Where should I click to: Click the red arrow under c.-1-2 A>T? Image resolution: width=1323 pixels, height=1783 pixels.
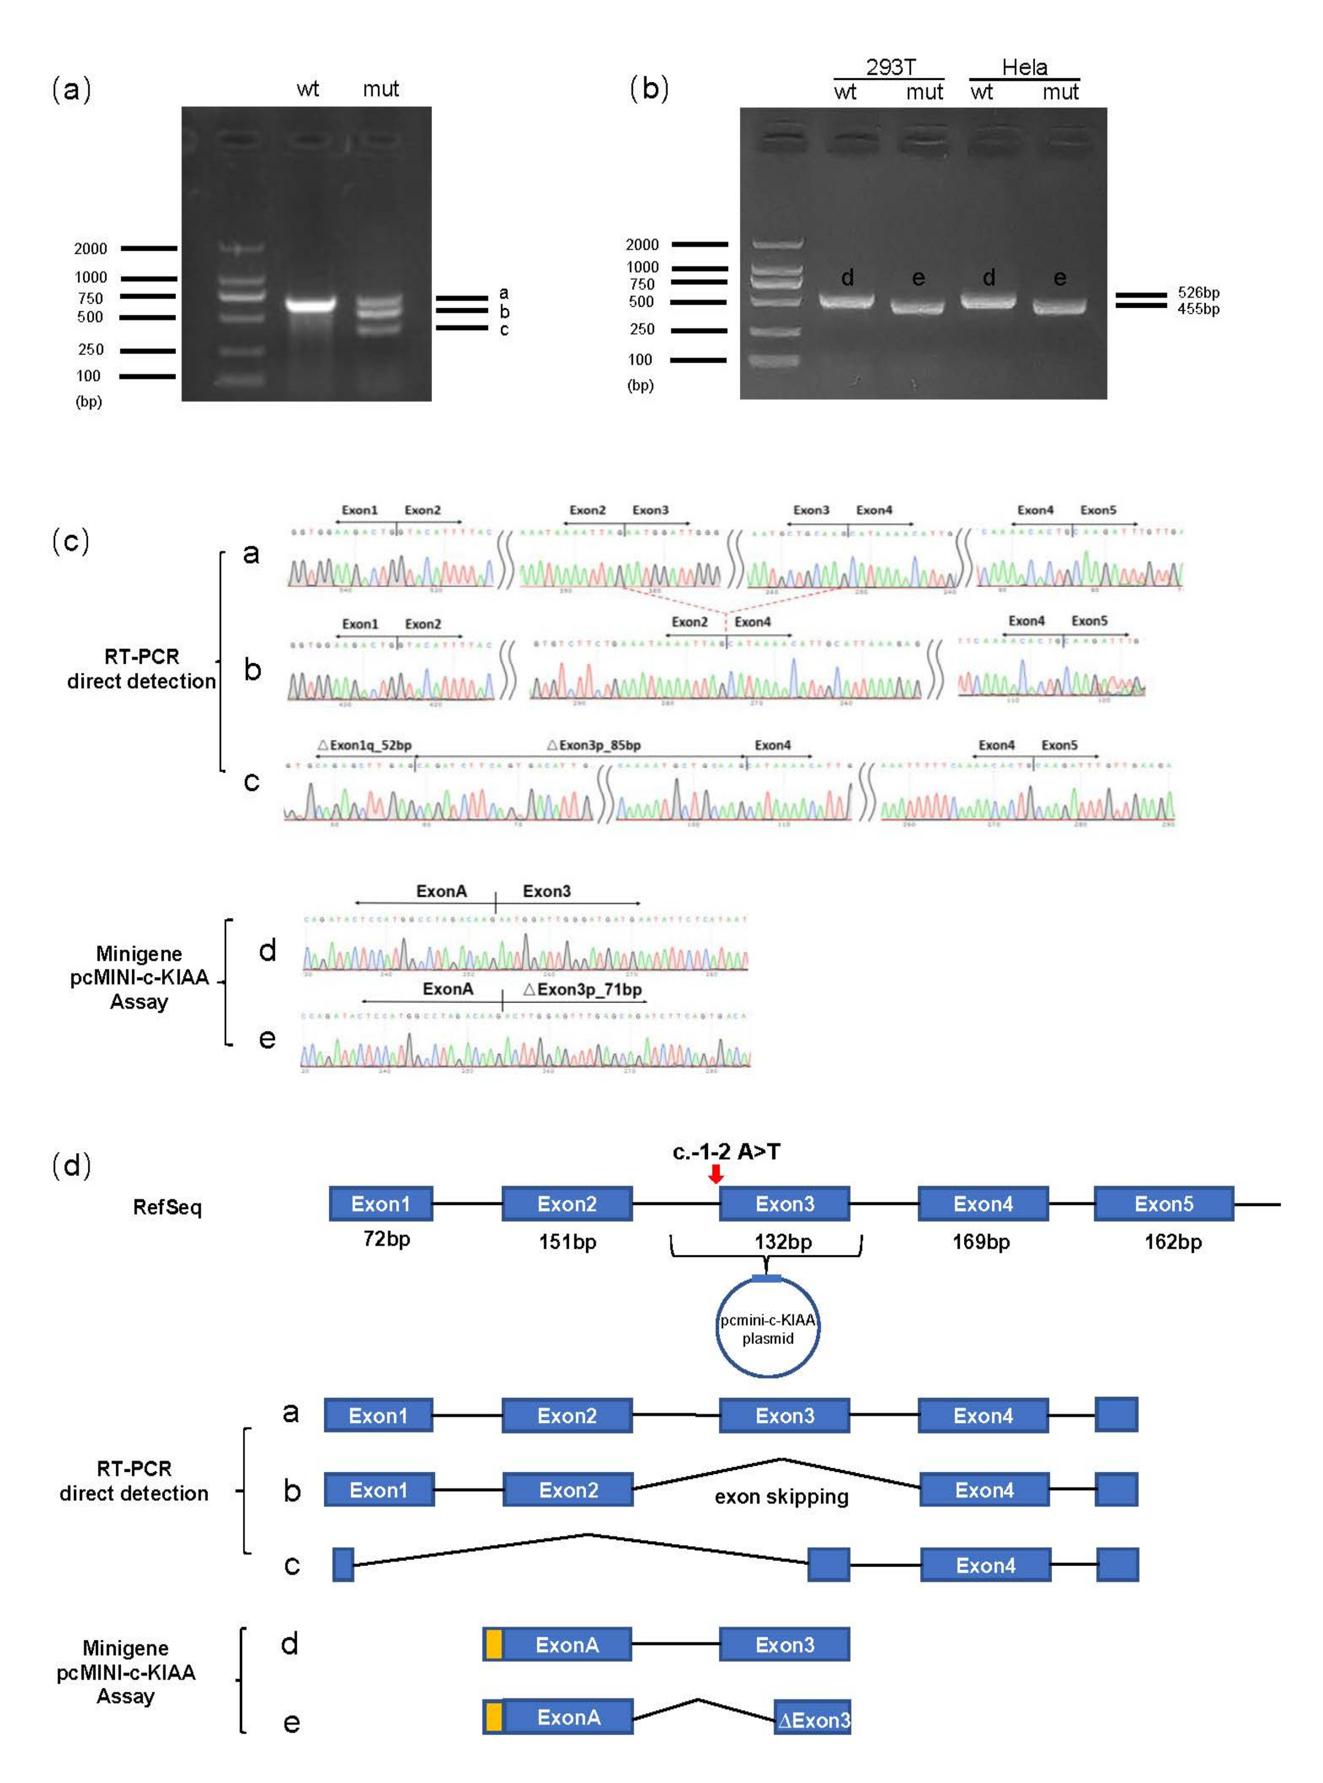pyautogui.click(x=716, y=1174)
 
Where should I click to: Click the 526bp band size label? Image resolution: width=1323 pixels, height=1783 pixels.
pyautogui.click(x=1198, y=292)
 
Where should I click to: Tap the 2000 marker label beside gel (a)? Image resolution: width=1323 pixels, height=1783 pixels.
pyautogui.click(x=90, y=248)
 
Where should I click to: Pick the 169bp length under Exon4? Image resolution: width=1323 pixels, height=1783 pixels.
pyautogui.click(x=981, y=1242)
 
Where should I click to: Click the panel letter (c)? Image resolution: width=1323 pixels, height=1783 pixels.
pyautogui.click(x=70, y=541)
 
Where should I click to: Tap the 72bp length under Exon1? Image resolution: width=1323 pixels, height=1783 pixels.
pyautogui.click(x=386, y=1238)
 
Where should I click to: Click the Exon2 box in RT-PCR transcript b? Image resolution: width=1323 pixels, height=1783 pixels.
pyautogui.click(x=568, y=1490)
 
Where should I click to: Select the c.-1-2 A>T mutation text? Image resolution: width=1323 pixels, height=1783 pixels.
pyautogui.click(x=725, y=1151)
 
